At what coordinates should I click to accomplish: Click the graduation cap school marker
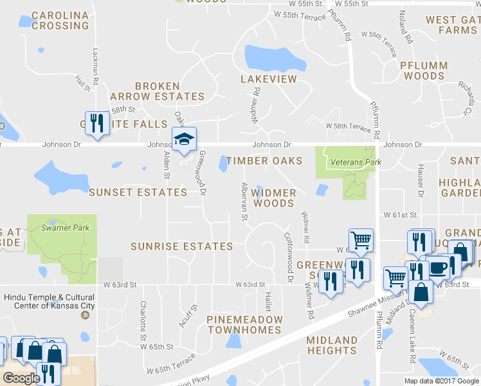pyautogui.click(x=184, y=140)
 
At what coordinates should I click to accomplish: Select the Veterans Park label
pyautogui.click(x=353, y=162)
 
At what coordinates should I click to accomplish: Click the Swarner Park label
pyautogui.click(x=62, y=227)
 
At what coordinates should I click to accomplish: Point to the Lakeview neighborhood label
pyautogui.click(x=269, y=79)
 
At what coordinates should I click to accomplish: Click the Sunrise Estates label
pyautogui.click(x=181, y=246)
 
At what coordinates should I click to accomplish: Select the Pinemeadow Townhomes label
pyautogui.click(x=244, y=324)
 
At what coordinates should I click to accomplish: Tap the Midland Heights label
pyautogui.click(x=332, y=345)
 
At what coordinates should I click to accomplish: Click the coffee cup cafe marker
pyautogui.click(x=438, y=268)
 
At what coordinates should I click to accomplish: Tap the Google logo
pyautogui.click(x=21, y=378)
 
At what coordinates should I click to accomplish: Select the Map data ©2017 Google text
pyautogui.click(x=441, y=380)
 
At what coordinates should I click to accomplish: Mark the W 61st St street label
pyautogui.click(x=401, y=214)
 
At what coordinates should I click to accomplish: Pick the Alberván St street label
pyautogui.click(x=244, y=201)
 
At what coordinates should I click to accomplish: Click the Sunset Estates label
pyautogui.click(x=138, y=192)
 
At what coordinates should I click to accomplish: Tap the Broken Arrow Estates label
pyautogui.click(x=169, y=91)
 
